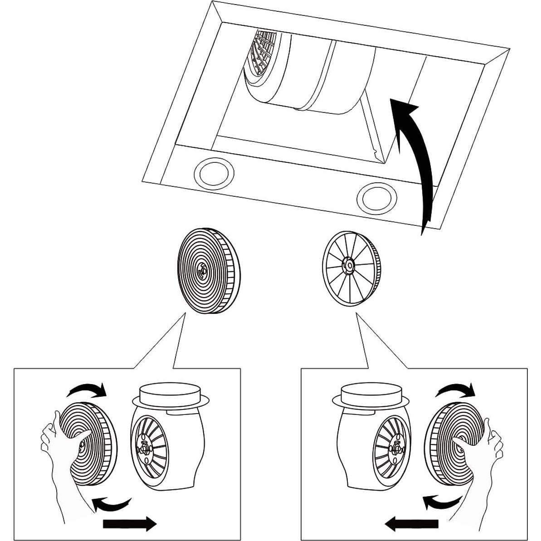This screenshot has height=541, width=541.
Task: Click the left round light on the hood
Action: tap(214, 174)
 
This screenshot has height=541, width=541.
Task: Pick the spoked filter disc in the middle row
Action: tap(351, 268)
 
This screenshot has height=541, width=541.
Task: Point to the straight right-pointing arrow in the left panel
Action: tap(130, 524)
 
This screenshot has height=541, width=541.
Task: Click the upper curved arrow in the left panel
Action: tap(87, 389)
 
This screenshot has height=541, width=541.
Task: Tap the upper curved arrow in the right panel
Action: tap(455, 389)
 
